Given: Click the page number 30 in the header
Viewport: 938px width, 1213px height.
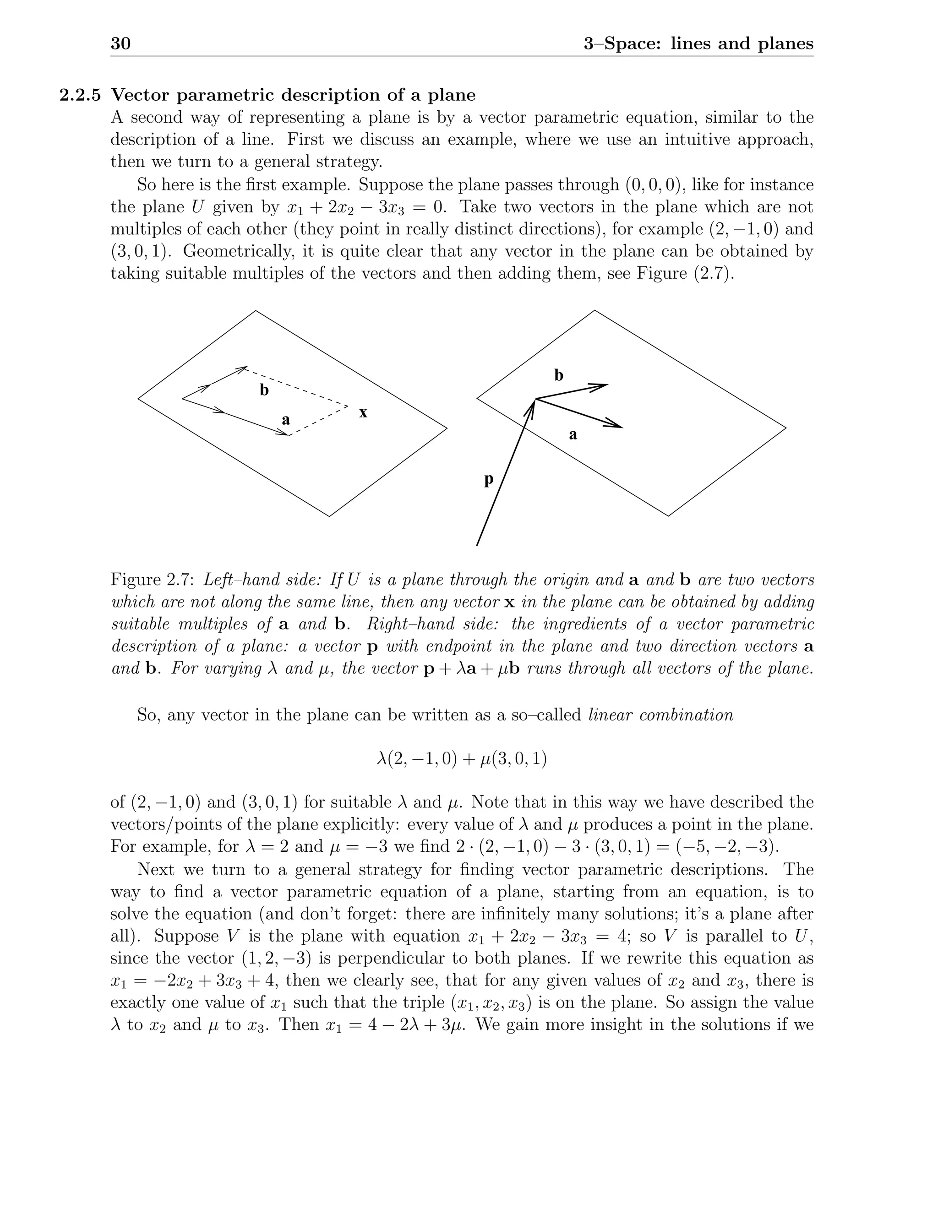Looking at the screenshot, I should click(120, 43).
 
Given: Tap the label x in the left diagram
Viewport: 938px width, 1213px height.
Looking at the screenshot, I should click(363, 413).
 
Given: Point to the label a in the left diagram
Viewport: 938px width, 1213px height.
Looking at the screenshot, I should click(286, 420).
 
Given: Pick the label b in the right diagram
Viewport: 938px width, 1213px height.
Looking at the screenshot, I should click(558, 375).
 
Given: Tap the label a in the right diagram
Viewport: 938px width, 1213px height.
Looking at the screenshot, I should click(573, 435).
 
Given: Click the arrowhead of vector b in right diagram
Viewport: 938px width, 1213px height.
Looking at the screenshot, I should click(603, 385).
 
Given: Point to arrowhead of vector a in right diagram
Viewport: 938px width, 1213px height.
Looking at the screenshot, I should click(617, 425).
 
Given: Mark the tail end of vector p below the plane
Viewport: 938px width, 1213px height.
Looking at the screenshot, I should click(477, 545).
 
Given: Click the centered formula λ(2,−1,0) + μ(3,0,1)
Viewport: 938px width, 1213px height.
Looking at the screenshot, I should click(461, 758).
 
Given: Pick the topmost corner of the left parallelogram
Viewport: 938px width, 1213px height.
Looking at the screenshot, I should click(256, 311).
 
